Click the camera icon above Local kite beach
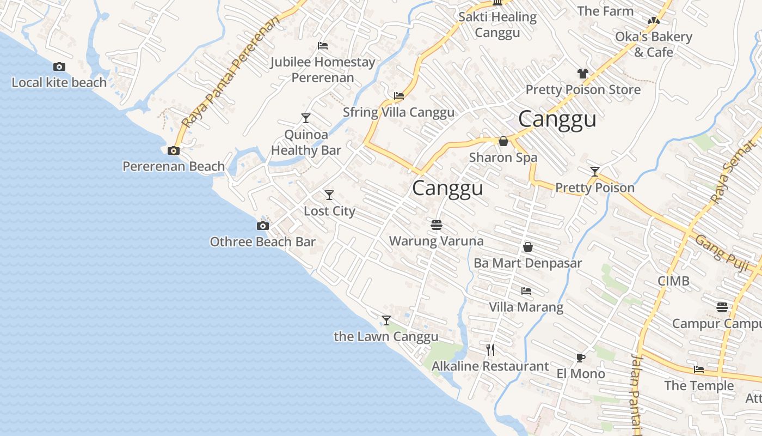point(59,67)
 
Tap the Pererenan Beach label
point(174,166)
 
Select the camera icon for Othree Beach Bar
point(263,226)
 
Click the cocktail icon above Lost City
point(329,195)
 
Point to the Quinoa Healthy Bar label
point(306,142)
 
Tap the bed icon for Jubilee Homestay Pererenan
point(323,46)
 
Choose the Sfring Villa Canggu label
point(398,113)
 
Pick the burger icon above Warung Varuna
point(436,225)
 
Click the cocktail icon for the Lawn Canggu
point(386,320)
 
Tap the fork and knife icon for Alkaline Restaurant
point(490,349)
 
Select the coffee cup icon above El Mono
point(581,358)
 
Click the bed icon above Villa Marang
point(526,291)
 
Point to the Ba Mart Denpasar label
point(527,263)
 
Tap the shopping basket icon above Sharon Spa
point(503,142)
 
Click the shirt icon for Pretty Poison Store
point(583,74)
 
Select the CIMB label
point(673,281)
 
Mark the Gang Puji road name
point(721,250)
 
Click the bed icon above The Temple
point(699,370)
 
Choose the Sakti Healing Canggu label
point(497,25)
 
